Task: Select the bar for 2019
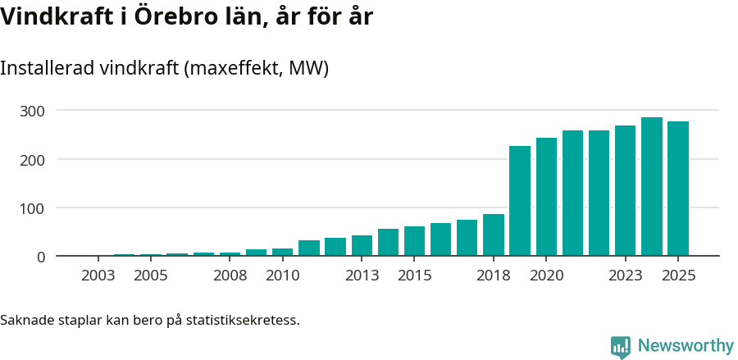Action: pos(520,201)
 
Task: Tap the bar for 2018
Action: pos(494,235)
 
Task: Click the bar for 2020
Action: pos(546,197)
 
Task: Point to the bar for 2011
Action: pos(309,248)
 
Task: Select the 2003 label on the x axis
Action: pos(98,276)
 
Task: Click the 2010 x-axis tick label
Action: pos(282,276)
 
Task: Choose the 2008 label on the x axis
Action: pos(230,276)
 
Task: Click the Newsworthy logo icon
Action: pos(621,347)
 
